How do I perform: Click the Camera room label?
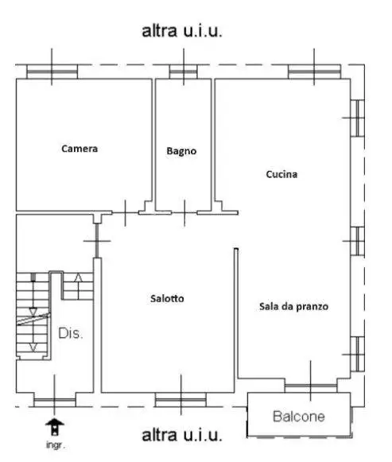[x=80, y=148]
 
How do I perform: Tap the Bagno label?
[x=181, y=151]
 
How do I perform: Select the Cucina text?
[x=281, y=174]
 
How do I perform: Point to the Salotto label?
[x=168, y=299]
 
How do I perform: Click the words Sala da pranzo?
[x=293, y=306]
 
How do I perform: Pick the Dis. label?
[x=71, y=334]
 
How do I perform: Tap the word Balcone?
[x=300, y=416]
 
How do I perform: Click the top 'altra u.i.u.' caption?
[x=181, y=32]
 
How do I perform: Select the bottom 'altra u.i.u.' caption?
[x=181, y=436]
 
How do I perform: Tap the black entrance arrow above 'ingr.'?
[x=55, y=427]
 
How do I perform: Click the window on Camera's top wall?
[x=52, y=72]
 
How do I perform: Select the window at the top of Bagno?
[x=183, y=72]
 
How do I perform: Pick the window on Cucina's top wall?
[x=313, y=72]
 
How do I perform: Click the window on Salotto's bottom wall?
[x=180, y=398]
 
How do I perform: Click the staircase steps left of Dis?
[x=32, y=314]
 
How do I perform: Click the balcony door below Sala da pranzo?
[x=310, y=386]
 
